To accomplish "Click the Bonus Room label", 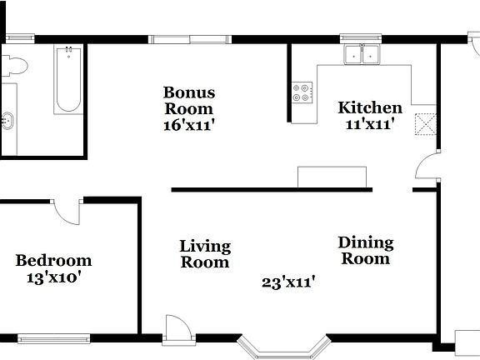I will coord(188,100).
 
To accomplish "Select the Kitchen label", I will coord(369,107).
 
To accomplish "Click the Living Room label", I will coord(205,254).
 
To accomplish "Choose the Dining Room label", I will coord(365,250).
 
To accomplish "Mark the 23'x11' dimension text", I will coord(287,282).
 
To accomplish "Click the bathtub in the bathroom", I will coord(68,80).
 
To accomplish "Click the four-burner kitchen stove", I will coord(302,92).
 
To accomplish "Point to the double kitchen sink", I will coord(362,55).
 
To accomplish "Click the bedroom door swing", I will coord(67,211).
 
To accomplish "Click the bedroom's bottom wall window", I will coord(53,338).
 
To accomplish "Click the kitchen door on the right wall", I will coord(427,167).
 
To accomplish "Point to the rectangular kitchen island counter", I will coord(332,176).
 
